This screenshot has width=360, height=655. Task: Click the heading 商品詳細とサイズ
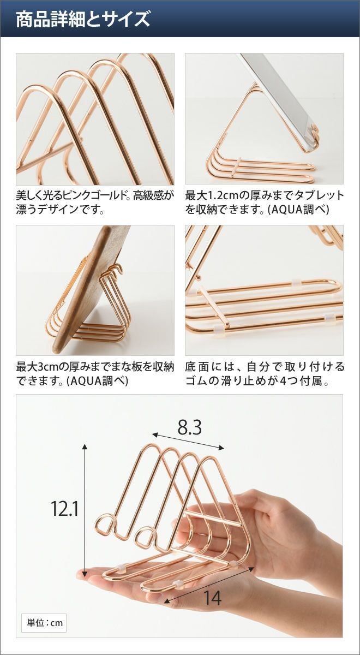click(83, 19)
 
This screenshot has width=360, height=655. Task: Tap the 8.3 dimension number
click(190, 428)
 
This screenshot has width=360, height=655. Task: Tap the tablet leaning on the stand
click(278, 99)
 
